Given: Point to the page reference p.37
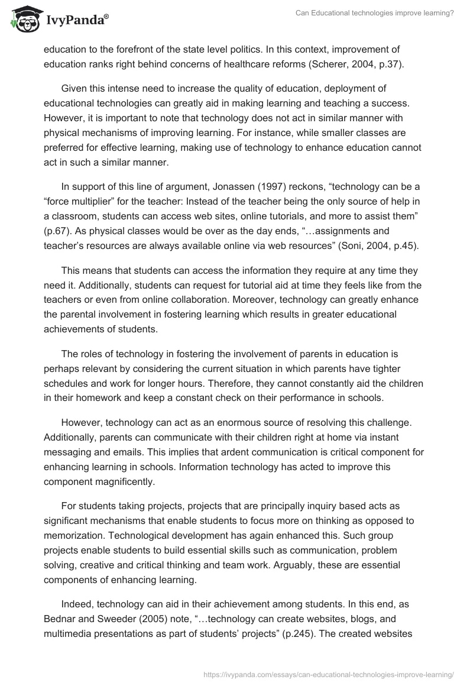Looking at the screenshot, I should (x=388, y=64).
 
